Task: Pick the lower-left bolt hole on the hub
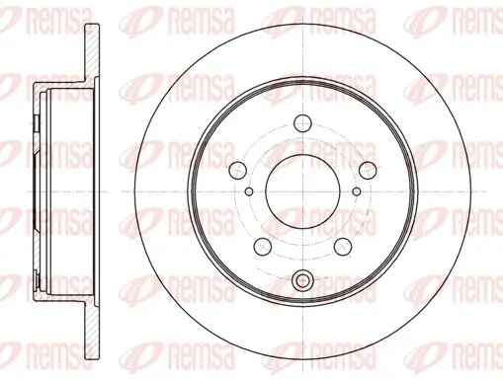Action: click(x=264, y=244)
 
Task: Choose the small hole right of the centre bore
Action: click(x=358, y=189)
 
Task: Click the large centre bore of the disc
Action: click(x=302, y=190)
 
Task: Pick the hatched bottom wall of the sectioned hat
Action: click(x=59, y=293)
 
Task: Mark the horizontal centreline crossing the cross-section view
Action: click(x=59, y=190)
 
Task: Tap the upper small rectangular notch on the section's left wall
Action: click(x=36, y=124)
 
